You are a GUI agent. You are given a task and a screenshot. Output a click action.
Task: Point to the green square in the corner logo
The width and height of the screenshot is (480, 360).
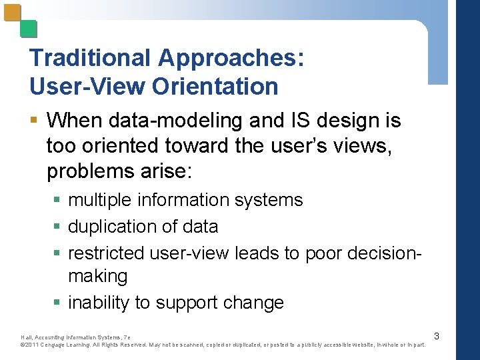pos(28,29)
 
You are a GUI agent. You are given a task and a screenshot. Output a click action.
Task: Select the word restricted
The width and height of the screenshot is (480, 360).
pos(106,253)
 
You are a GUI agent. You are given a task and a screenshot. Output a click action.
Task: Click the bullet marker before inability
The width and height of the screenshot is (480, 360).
pos(59,303)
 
